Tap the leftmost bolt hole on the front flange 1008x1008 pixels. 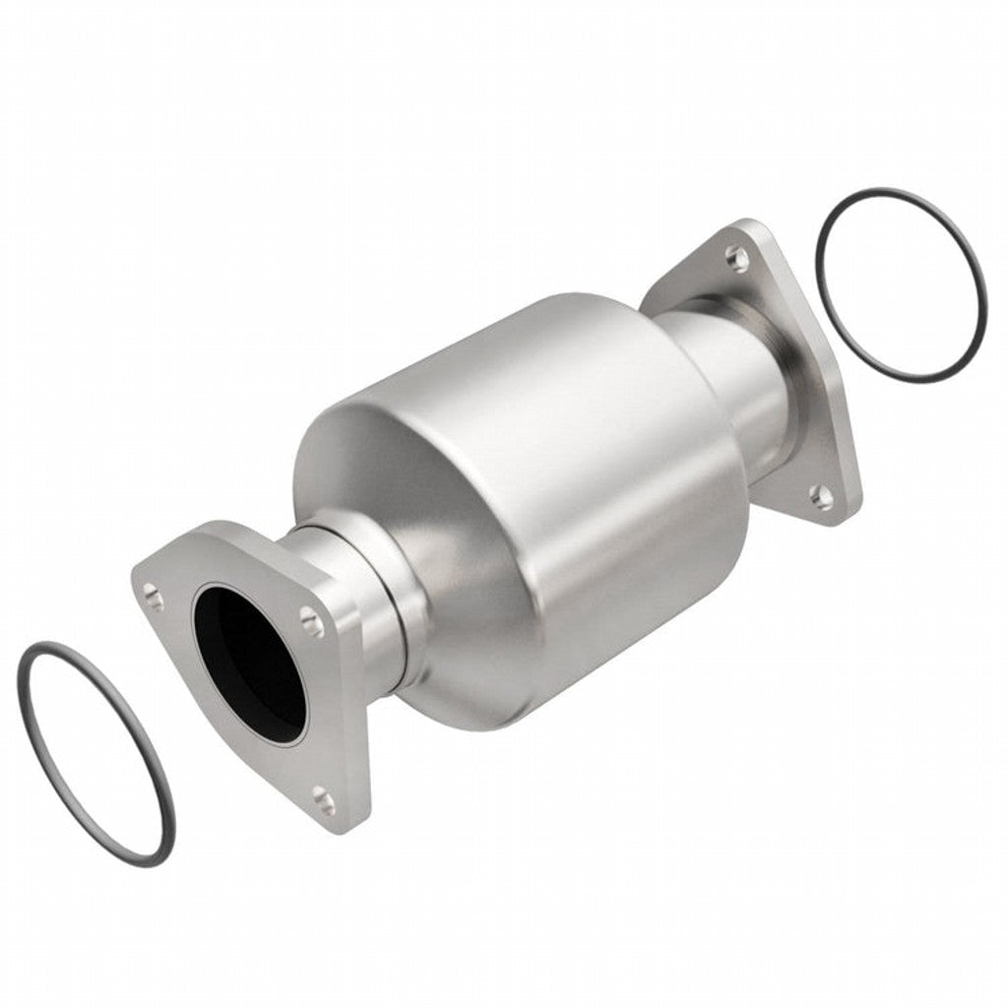(x=153, y=593)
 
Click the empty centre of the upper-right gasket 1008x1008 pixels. (x=901, y=285)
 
